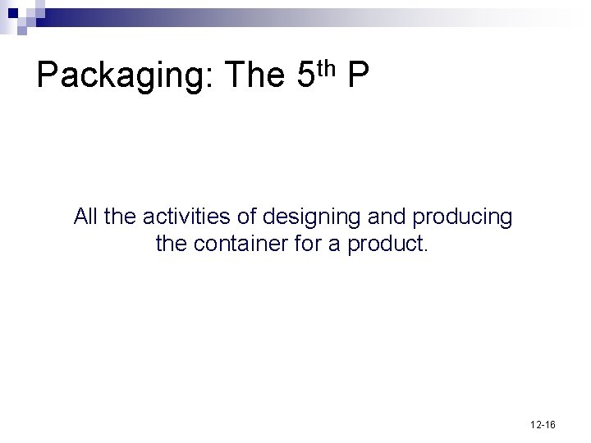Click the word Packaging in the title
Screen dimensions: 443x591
[123, 77]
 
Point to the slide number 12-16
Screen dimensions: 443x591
[543, 425]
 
